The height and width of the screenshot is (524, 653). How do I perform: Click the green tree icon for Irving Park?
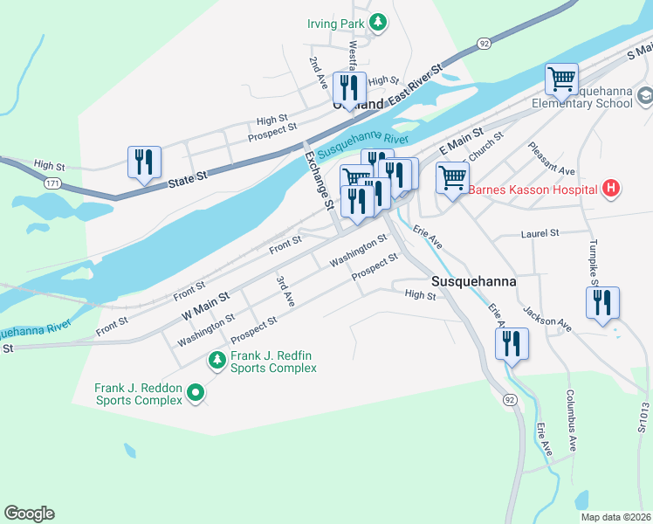pos(378,23)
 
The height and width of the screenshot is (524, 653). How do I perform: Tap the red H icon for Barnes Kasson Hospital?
pos(611,188)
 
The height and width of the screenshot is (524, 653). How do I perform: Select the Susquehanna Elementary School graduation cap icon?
pos(645,95)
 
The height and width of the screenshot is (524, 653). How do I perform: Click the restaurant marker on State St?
pos(144,162)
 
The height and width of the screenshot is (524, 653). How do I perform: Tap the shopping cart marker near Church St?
pos(452,178)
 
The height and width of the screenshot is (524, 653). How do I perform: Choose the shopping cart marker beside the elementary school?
pos(562,79)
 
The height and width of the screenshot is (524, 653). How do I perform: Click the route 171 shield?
pos(54,184)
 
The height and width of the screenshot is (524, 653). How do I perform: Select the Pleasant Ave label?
pos(552,159)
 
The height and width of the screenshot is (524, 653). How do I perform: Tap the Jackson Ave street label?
pos(546,319)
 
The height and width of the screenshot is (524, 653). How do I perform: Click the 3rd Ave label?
pos(284,291)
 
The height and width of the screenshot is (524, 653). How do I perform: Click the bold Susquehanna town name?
pos(474,282)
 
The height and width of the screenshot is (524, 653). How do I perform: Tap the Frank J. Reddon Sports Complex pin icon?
pos(196,394)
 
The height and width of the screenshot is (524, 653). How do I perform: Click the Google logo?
pos(29,514)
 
